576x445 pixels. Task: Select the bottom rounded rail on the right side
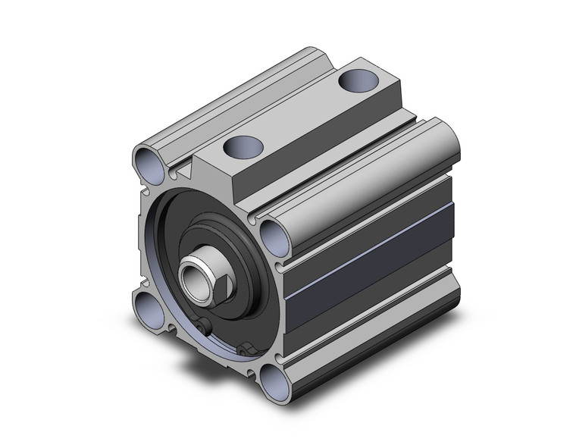(x=371, y=334)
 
